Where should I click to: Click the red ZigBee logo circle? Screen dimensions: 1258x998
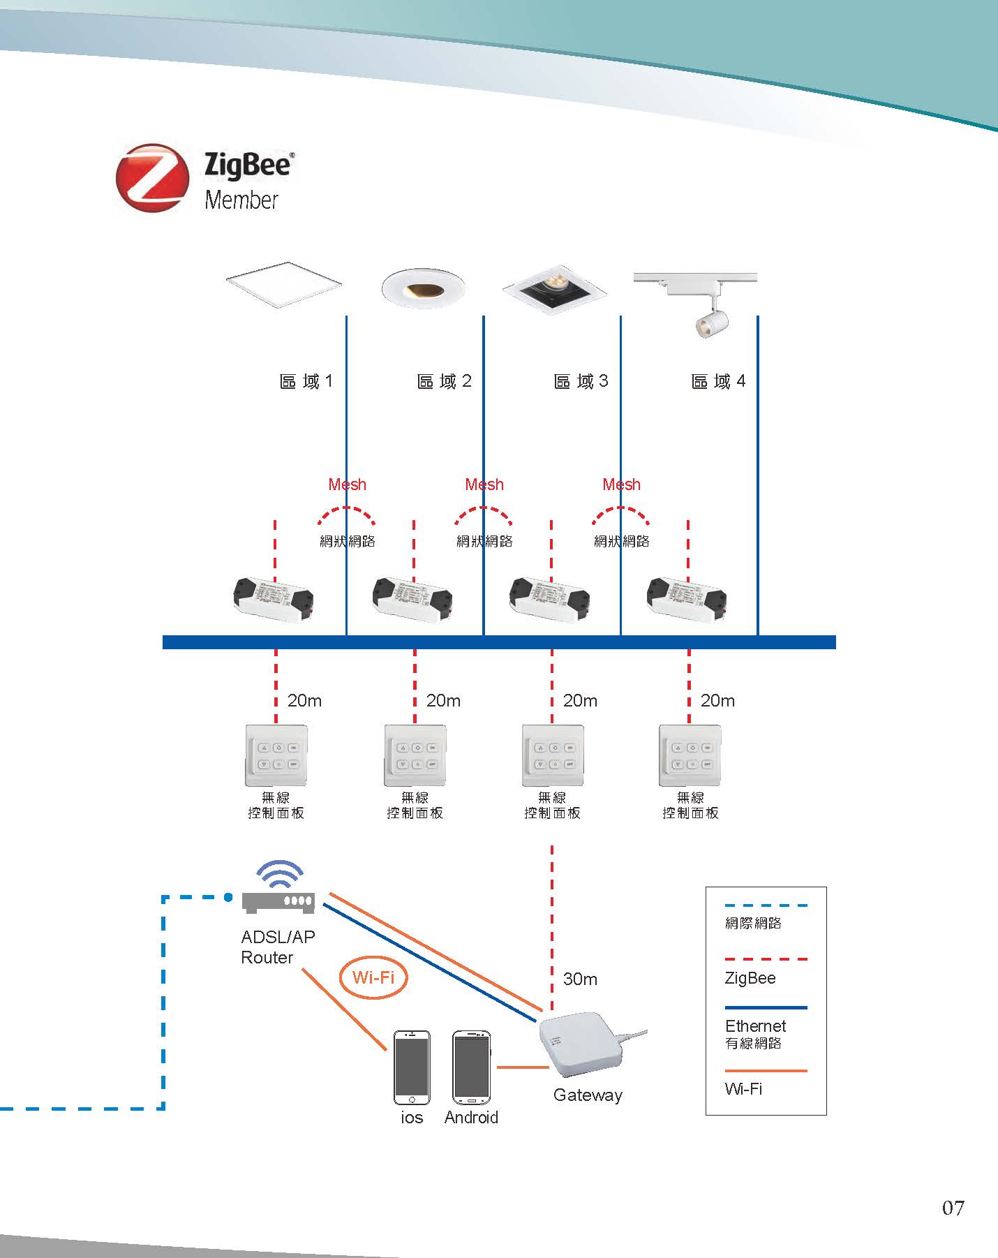click(152, 178)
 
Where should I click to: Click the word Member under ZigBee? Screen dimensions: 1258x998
click(241, 200)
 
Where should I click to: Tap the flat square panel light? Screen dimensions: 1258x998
click(284, 284)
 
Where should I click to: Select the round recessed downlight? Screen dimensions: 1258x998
click(423, 287)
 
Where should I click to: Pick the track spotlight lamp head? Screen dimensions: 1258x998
click(712, 323)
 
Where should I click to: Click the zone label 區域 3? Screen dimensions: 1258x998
click(581, 381)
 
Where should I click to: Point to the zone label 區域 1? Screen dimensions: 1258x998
click(306, 381)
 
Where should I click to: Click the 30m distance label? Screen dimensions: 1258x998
click(580, 979)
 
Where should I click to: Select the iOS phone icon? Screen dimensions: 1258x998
click(412, 1067)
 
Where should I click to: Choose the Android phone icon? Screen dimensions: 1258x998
click(472, 1067)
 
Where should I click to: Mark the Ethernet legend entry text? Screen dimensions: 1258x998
click(755, 1026)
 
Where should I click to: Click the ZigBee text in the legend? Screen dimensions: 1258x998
click(750, 978)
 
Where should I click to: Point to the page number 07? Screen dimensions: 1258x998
click(953, 1208)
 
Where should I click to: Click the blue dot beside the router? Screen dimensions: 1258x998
click(228, 897)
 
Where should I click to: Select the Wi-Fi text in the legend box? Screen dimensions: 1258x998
click(743, 1089)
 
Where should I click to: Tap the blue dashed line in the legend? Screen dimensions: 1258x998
click(766, 905)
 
